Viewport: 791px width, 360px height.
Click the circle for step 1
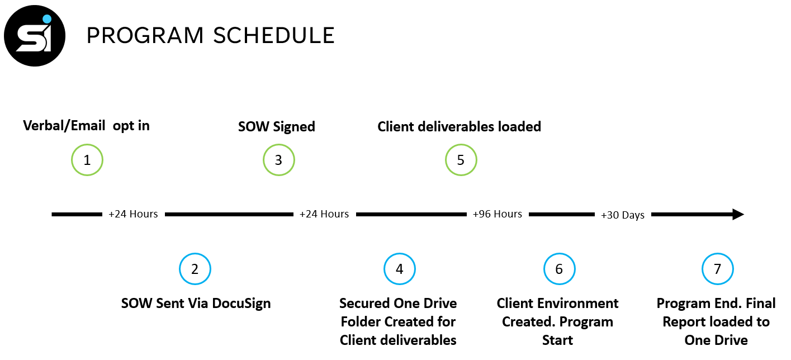click(87, 145)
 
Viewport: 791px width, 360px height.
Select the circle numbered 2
click(195, 254)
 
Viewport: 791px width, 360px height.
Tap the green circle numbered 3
click(279, 145)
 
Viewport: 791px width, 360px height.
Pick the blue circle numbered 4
click(399, 254)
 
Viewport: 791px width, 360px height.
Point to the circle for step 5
click(461, 145)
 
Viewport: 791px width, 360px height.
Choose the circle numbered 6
click(560, 254)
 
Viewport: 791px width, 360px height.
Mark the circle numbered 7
click(718, 254)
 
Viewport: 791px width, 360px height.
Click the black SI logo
click(35, 36)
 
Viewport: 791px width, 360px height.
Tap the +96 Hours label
click(497, 214)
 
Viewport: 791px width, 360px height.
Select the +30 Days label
click(623, 215)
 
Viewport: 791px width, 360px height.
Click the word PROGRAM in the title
click(145, 36)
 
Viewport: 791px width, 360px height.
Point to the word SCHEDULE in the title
click(274, 36)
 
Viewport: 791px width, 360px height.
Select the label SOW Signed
click(277, 127)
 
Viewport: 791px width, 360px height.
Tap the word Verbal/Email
click(64, 126)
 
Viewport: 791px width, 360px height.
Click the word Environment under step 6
click(584, 304)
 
